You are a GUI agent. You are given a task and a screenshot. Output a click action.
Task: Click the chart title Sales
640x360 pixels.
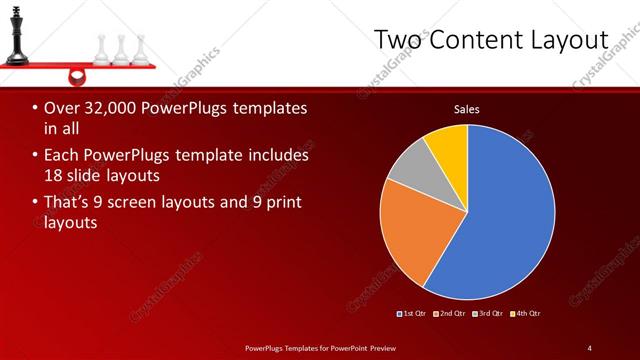466,108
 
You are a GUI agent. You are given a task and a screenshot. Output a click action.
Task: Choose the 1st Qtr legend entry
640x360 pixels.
413,313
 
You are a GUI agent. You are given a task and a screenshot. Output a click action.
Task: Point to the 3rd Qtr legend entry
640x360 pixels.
489,313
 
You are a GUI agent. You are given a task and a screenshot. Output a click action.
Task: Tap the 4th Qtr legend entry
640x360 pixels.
526,313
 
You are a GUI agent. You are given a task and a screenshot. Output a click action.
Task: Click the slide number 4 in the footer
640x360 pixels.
589,347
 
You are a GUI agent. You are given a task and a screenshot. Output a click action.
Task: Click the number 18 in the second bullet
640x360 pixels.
53,175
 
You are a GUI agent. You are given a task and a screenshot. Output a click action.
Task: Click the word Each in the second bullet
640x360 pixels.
62,155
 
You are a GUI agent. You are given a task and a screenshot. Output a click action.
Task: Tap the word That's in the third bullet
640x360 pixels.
68,202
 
